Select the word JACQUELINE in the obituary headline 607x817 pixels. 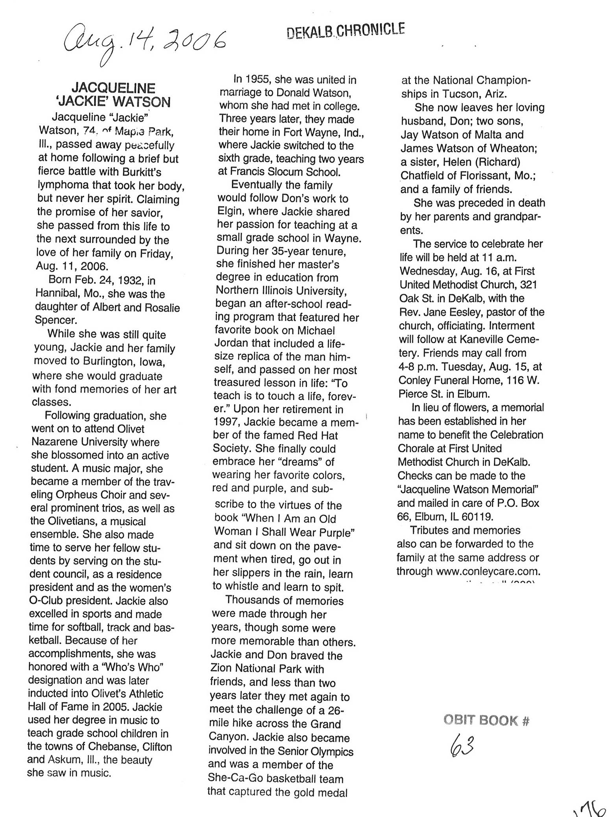(x=113, y=88)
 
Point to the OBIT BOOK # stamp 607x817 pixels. (x=487, y=721)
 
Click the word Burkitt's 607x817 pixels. (x=139, y=172)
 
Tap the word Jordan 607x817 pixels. (x=231, y=343)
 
